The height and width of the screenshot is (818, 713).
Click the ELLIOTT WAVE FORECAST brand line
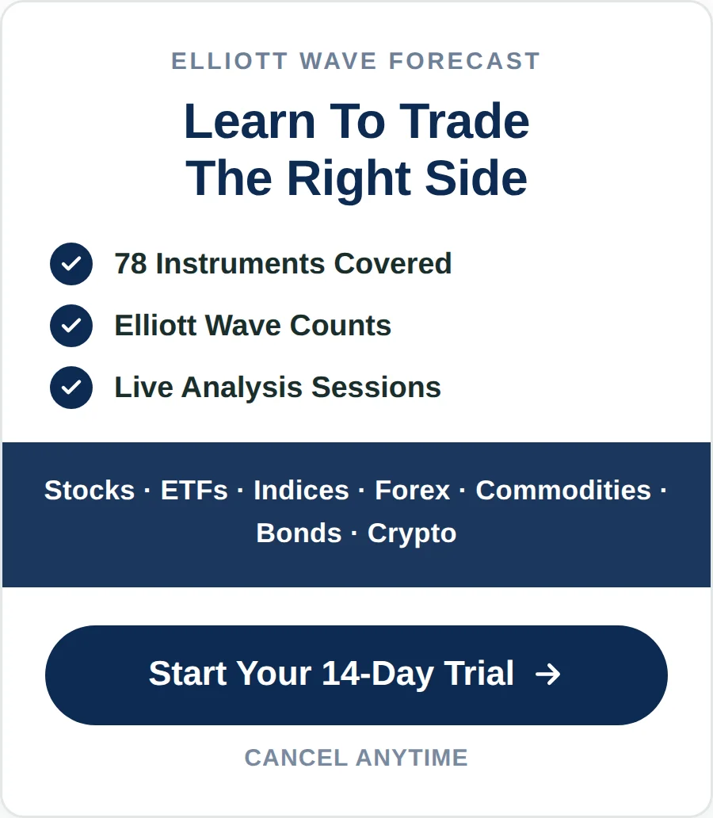pyautogui.click(x=356, y=61)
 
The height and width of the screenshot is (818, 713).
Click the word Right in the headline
pyautogui.click(x=349, y=179)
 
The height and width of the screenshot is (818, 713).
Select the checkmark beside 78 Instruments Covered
pyautogui.click(x=71, y=264)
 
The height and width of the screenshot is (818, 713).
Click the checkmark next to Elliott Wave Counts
pyautogui.click(x=71, y=326)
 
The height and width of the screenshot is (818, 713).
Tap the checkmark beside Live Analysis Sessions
pyautogui.click(x=71, y=388)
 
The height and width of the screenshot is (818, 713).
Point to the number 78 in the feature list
pyautogui.click(x=131, y=263)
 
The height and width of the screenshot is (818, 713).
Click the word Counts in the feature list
pyautogui.click(x=340, y=326)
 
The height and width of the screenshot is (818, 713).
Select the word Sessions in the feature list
pyautogui.click(x=376, y=388)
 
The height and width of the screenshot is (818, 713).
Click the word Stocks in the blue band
pyautogui.click(x=90, y=491)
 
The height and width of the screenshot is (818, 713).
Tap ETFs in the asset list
pyautogui.click(x=194, y=491)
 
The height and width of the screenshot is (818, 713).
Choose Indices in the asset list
pyautogui.click(x=301, y=491)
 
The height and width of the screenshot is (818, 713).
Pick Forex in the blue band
pyautogui.click(x=412, y=491)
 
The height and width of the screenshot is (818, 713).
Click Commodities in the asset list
pyautogui.click(x=563, y=491)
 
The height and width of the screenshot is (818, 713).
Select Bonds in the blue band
pyautogui.click(x=299, y=533)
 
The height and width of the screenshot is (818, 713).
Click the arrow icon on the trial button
pyautogui.click(x=548, y=674)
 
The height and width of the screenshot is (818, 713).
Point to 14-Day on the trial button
pyautogui.click(x=377, y=674)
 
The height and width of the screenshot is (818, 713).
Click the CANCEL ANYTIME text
pyautogui.click(x=356, y=758)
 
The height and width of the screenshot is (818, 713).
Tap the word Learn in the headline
pyautogui.click(x=250, y=121)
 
